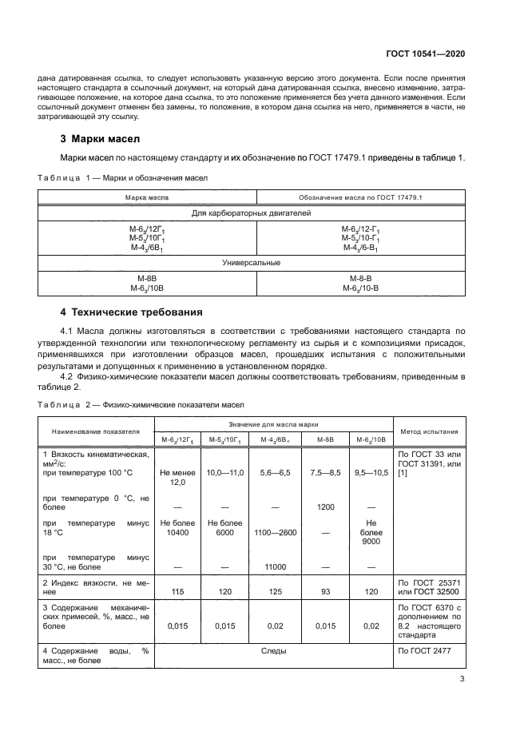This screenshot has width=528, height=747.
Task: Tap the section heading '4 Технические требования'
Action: (131, 312)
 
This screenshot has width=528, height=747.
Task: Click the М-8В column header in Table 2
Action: (325, 439)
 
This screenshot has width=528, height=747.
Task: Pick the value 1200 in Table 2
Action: (325, 507)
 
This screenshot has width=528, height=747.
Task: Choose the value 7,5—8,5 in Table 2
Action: (325, 473)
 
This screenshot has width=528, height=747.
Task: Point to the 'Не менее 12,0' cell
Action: (177, 478)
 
